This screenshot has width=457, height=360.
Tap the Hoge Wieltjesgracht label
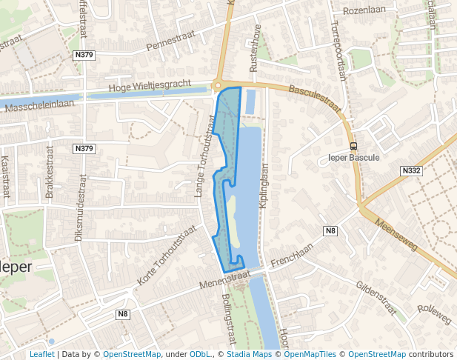(x=150, y=87)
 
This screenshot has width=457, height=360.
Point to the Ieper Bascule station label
(x=353, y=157)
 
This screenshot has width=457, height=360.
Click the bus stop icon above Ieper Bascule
(x=353, y=145)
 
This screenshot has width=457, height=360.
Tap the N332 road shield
(x=411, y=170)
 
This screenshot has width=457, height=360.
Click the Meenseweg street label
(x=396, y=235)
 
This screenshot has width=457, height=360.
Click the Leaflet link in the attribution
(x=41, y=354)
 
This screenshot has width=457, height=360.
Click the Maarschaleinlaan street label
(x=41, y=107)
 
